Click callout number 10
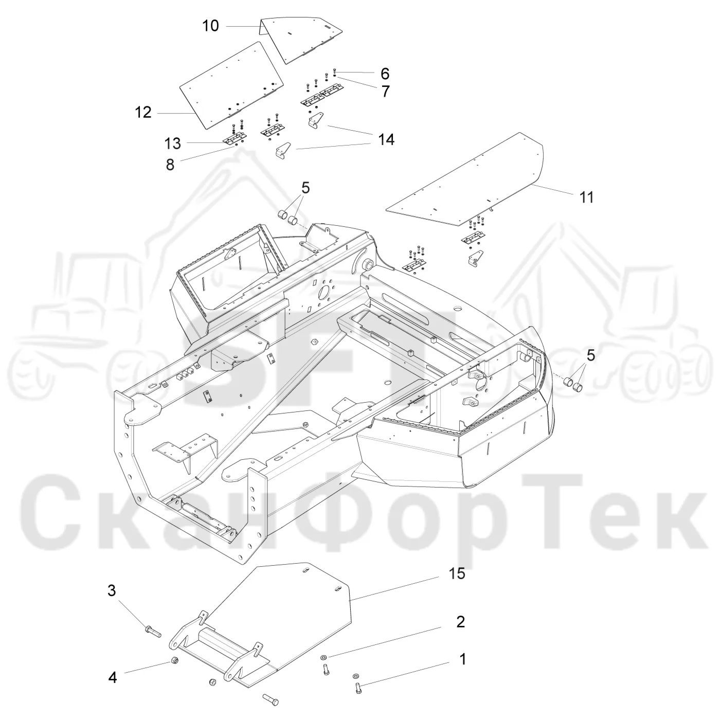coord(210,26)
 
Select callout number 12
coord(143,112)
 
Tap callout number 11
coord(586,197)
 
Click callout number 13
coord(173,143)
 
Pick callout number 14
coord(386,139)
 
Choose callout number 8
coord(170,165)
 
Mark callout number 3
coord(112,601)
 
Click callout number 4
coord(113,677)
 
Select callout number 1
coord(462,659)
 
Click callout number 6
coord(385,74)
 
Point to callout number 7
coord(386,92)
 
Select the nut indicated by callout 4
coord(174,660)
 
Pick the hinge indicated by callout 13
coord(235,139)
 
